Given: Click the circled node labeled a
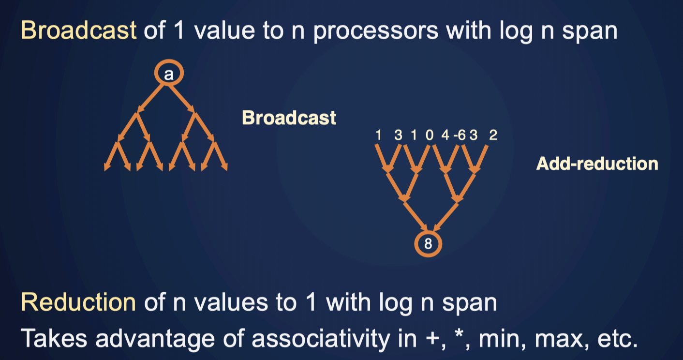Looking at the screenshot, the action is point(169,73).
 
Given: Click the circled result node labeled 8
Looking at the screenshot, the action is point(428,244).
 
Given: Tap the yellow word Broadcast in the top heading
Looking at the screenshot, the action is point(78,30).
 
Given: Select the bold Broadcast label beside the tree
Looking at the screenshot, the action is point(289,118).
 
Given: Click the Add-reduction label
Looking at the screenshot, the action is point(597,164).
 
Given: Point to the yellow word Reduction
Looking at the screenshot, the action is point(78,302).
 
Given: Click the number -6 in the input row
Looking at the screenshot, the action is point(460,135).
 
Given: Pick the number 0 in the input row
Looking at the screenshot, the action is point(430,135).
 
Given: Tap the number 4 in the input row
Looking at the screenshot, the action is point(445,135).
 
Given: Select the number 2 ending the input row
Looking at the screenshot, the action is point(493,135).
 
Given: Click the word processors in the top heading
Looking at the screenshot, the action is point(376,31).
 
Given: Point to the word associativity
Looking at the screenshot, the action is point(321,338).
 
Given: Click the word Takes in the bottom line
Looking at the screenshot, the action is point(54,338).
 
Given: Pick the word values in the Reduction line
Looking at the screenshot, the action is point(231,302).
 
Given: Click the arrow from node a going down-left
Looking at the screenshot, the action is point(150,99).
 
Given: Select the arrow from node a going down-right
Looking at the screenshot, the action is point(181,99).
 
